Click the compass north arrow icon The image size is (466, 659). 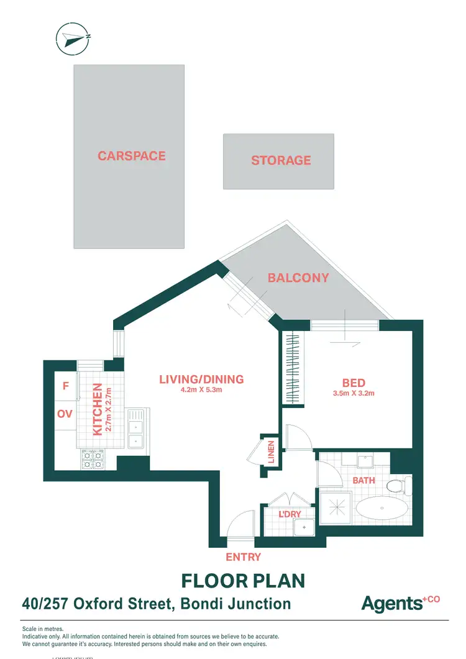pos(73,38)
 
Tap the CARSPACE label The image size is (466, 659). pos(132,155)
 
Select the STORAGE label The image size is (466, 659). pos(281,160)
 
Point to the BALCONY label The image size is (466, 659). pos(298,278)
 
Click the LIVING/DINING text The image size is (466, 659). pos(201,379)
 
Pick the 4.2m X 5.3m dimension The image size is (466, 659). pos(201,391)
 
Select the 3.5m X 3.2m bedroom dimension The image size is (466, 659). pos(353,393)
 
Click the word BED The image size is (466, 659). pos(353,383)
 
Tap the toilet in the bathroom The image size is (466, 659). pos(396,485)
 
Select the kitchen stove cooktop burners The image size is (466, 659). pos(93,460)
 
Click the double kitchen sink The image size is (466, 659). pos(135,429)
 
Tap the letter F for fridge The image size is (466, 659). pos(65,386)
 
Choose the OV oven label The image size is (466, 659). pos(65,414)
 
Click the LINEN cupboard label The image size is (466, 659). pos(272,452)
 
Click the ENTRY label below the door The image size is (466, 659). pos(244,557)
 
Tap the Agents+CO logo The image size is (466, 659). pos(400,602)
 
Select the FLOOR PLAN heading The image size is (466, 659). pos(243,581)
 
